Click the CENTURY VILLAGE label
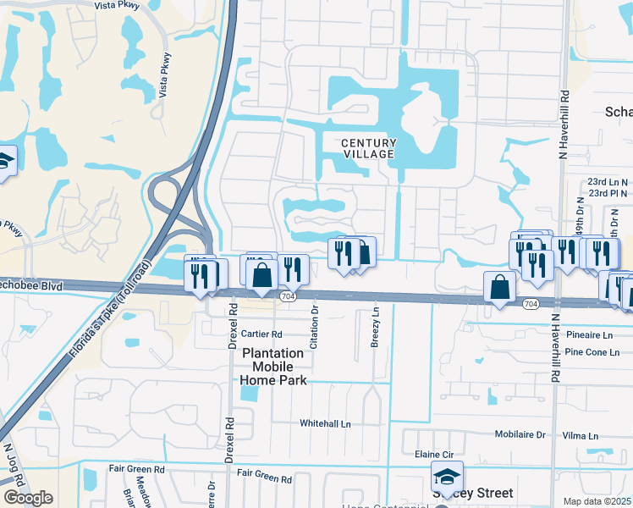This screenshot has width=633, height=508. [x=368, y=148]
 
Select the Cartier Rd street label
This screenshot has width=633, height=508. [x=261, y=334]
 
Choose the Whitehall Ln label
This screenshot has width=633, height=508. [x=325, y=423]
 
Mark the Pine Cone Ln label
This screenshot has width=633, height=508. [x=589, y=351]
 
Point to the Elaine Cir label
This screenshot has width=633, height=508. [x=432, y=454]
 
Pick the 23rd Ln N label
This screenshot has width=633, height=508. [x=608, y=181]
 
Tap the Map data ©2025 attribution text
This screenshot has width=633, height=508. [x=597, y=501]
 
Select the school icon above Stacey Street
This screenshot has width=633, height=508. [x=447, y=477]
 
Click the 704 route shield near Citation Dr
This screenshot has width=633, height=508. [x=288, y=295]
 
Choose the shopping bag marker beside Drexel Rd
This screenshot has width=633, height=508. [x=262, y=273]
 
